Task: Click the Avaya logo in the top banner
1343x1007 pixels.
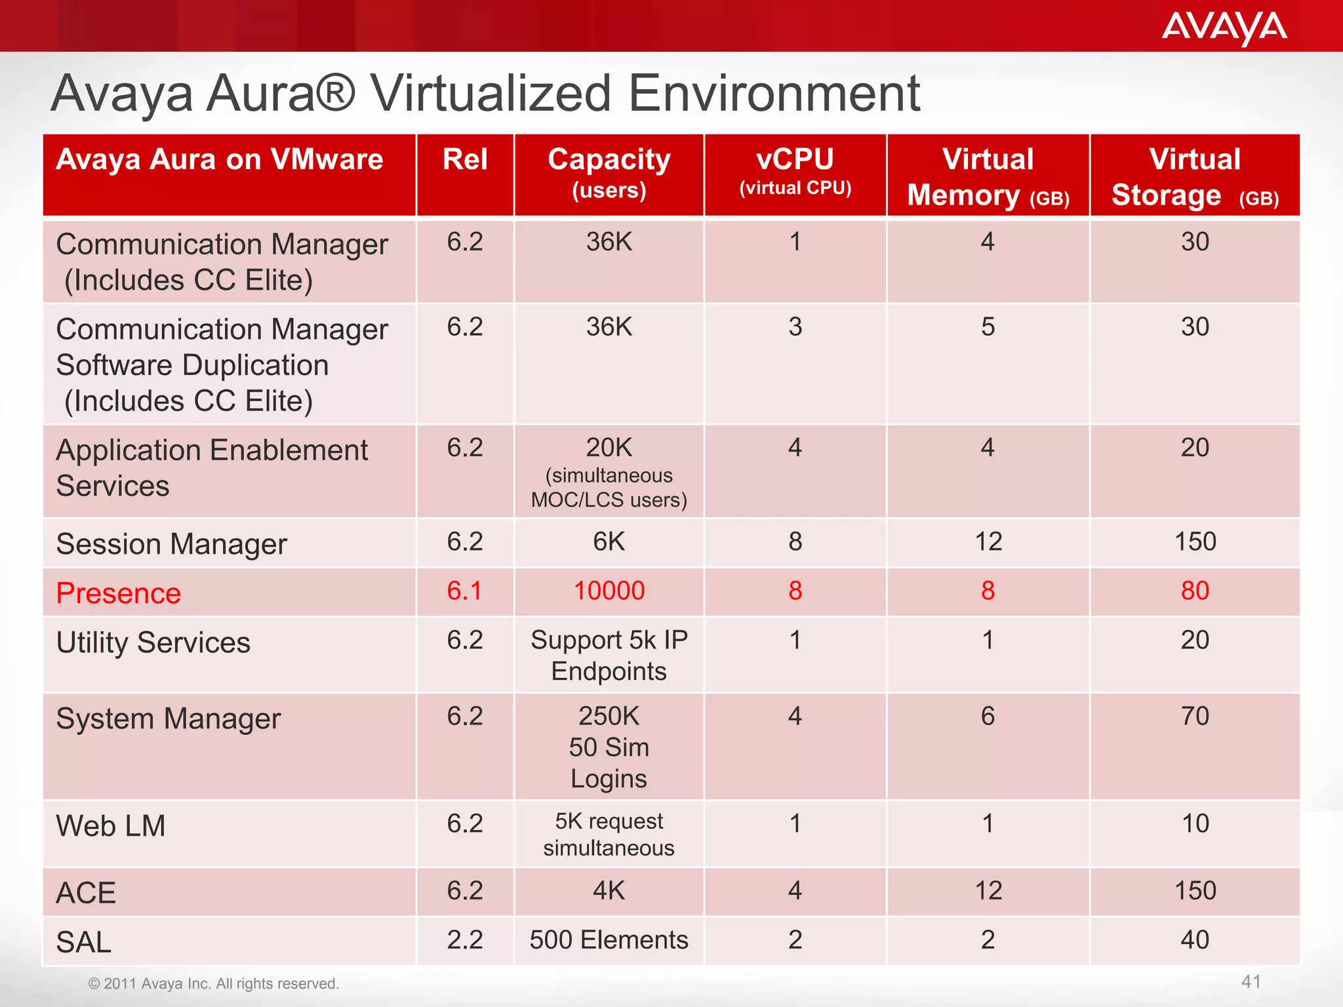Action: [1224, 28]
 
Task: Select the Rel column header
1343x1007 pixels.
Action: [465, 160]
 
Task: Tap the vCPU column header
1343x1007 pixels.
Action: [795, 170]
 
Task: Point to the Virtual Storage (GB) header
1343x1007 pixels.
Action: [1195, 177]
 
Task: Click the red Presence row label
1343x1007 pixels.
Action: [119, 593]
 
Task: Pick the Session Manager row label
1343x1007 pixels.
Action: [172, 544]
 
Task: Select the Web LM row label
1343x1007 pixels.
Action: [111, 826]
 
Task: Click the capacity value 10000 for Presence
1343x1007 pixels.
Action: [609, 591]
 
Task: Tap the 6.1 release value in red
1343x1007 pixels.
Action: [464, 591]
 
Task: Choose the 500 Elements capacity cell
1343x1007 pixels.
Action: [609, 940]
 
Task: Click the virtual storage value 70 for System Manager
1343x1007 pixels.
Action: [1195, 716]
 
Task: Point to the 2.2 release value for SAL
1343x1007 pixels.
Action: [465, 940]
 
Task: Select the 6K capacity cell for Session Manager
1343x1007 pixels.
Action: [609, 542]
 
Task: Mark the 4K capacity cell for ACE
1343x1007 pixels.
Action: [609, 891]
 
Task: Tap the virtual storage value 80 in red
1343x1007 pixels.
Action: [1195, 591]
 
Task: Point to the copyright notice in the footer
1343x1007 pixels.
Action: [214, 983]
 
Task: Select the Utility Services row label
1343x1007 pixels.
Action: [153, 642]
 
